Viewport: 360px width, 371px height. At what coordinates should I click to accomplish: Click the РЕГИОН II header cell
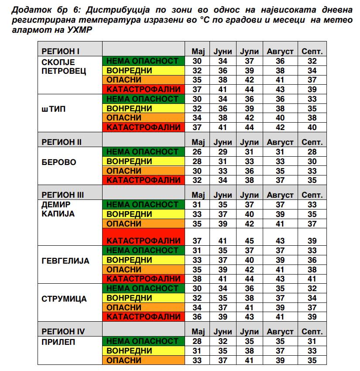(x=62, y=142)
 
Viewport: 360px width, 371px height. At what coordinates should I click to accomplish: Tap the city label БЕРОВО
(x=58, y=162)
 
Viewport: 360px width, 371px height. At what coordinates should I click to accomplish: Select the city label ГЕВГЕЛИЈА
(x=65, y=261)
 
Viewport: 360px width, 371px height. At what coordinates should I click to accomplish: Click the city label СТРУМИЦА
(x=64, y=299)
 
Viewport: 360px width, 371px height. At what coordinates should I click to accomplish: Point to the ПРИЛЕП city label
(x=58, y=342)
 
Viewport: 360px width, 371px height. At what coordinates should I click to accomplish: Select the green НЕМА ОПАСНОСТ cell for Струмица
(x=143, y=289)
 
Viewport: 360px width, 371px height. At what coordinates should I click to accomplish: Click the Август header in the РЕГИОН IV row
(x=280, y=332)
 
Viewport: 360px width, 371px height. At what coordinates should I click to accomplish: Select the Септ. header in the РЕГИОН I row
(x=312, y=52)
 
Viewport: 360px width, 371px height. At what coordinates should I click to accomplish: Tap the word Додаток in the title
(x=28, y=10)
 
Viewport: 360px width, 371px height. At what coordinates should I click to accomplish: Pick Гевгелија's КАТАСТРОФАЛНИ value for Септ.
(x=312, y=279)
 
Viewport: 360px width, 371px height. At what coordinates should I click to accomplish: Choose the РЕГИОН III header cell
(x=62, y=194)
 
